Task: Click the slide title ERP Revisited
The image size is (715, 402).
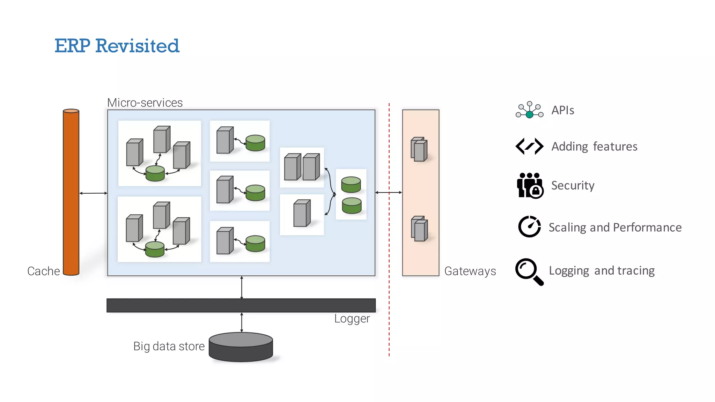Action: click(117, 46)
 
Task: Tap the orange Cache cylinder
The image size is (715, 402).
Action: click(71, 192)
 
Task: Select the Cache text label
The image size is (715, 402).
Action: click(43, 271)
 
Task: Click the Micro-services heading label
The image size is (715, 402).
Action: click(145, 103)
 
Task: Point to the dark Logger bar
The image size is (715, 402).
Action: click(241, 305)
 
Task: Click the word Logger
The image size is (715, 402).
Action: click(352, 319)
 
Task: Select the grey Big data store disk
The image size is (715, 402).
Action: click(241, 347)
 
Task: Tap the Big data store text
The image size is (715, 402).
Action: click(169, 346)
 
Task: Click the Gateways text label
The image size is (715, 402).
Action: click(470, 271)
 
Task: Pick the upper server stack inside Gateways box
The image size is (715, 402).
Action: click(419, 149)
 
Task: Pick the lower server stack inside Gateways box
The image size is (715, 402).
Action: click(419, 229)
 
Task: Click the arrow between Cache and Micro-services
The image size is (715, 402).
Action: click(93, 193)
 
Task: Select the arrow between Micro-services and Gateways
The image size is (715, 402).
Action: click(389, 192)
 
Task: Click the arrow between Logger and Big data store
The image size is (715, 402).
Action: click(242, 322)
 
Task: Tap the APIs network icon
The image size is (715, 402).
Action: click(529, 110)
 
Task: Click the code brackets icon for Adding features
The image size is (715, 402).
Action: click(529, 146)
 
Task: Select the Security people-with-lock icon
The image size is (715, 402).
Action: click(530, 185)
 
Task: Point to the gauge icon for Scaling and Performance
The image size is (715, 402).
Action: click(529, 226)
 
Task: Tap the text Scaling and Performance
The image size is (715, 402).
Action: click(615, 228)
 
